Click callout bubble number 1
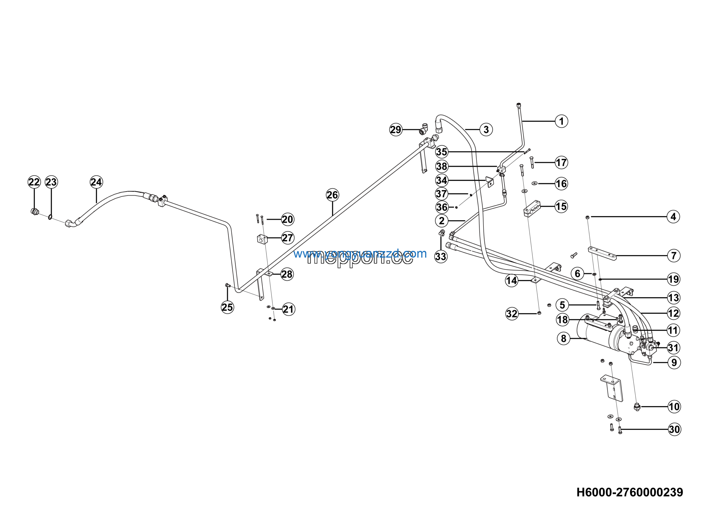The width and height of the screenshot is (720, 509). [x=561, y=121]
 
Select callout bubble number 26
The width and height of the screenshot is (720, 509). [x=332, y=195]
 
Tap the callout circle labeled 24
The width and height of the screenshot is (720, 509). [x=96, y=182]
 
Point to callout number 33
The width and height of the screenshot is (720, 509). [x=441, y=257]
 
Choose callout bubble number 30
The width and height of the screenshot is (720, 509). [x=674, y=429]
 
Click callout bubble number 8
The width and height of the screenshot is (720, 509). [x=564, y=338]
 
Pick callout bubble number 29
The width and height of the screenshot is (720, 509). [x=396, y=130]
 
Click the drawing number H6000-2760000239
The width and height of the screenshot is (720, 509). [x=630, y=492]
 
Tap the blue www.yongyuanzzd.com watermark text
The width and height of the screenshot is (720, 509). [x=360, y=253]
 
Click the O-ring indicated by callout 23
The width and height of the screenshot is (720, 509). [x=50, y=217]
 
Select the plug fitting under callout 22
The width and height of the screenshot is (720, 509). [x=35, y=212]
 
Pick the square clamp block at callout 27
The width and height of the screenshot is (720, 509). [x=262, y=239]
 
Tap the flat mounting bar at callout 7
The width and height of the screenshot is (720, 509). [x=602, y=253]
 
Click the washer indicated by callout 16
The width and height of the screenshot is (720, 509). [x=535, y=183]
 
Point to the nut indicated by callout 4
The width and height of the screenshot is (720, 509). [x=587, y=217]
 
